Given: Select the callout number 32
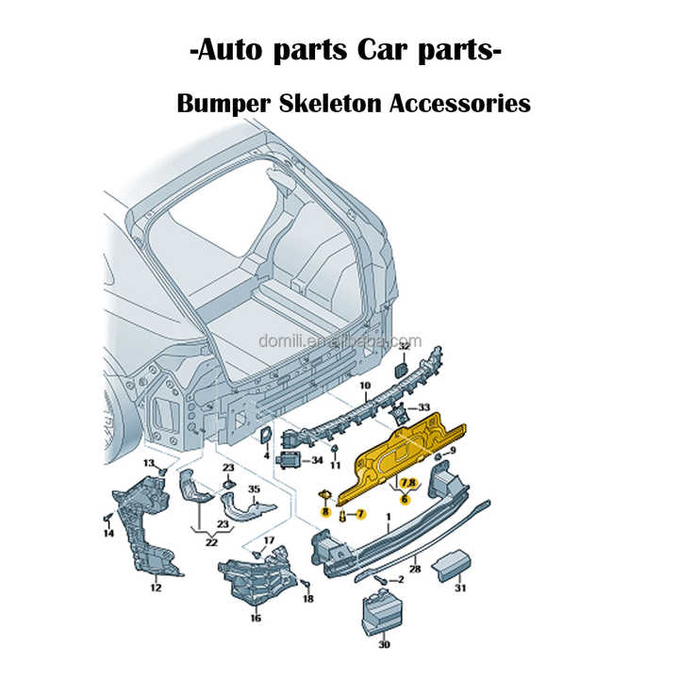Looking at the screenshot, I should click(403, 347).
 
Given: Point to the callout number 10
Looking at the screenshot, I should click(365, 387).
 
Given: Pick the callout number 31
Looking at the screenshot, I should click(460, 589).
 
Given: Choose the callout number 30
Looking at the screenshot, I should click(383, 645).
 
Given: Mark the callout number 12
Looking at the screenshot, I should click(156, 588).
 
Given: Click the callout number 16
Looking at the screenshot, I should click(256, 619).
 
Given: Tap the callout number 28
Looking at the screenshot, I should click(414, 570).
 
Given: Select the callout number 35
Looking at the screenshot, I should click(254, 489).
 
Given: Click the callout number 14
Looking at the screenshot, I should click(108, 534).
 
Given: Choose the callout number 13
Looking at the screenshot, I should click(149, 463).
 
